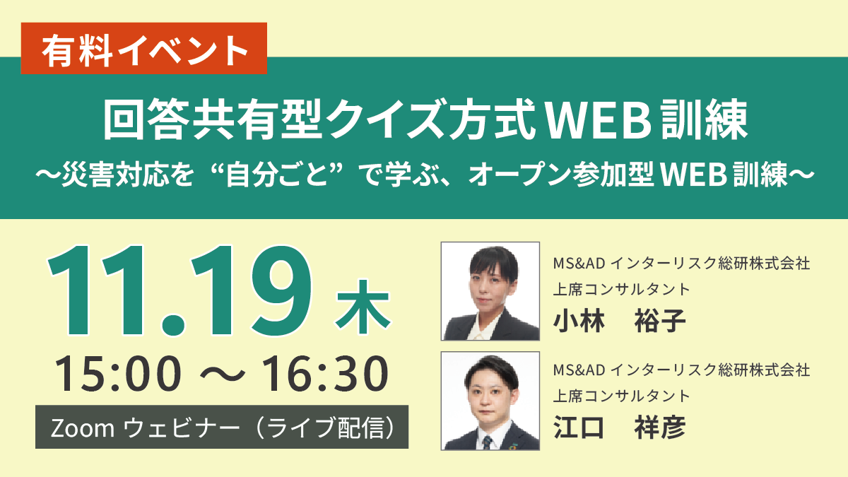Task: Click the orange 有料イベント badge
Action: (144, 49)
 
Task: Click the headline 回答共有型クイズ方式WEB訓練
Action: (425, 119)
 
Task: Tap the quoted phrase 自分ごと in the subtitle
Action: (276, 175)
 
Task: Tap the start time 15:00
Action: (118, 373)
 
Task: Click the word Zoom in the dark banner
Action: (83, 428)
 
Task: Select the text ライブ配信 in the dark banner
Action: (328, 428)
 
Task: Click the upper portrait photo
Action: (490, 291)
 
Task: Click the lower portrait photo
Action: (490, 401)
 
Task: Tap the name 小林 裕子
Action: (619, 321)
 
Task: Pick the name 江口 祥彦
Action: (619, 428)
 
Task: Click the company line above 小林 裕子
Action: (681, 263)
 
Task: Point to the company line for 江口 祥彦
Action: (681, 370)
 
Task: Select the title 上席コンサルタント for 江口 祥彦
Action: (622, 396)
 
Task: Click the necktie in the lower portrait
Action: (488, 442)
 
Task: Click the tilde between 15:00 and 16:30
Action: (222, 374)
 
